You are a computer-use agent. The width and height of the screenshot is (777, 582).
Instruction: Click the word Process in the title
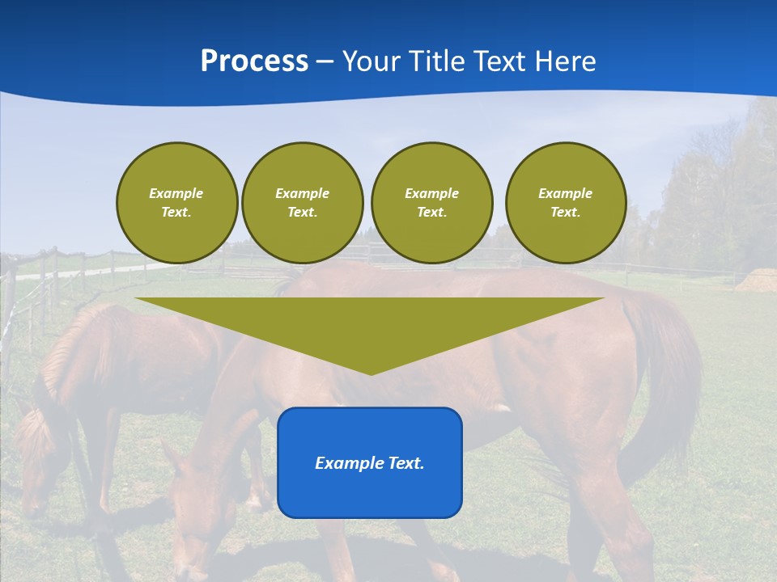click(x=254, y=61)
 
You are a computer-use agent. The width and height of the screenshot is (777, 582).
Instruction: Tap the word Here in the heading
click(x=567, y=61)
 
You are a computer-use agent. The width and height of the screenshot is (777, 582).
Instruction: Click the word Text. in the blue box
click(x=405, y=463)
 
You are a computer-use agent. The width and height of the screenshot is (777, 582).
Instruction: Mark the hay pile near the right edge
click(x=758, y=280)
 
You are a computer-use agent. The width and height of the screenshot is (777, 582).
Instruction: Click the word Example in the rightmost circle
click(x=565, y=193)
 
